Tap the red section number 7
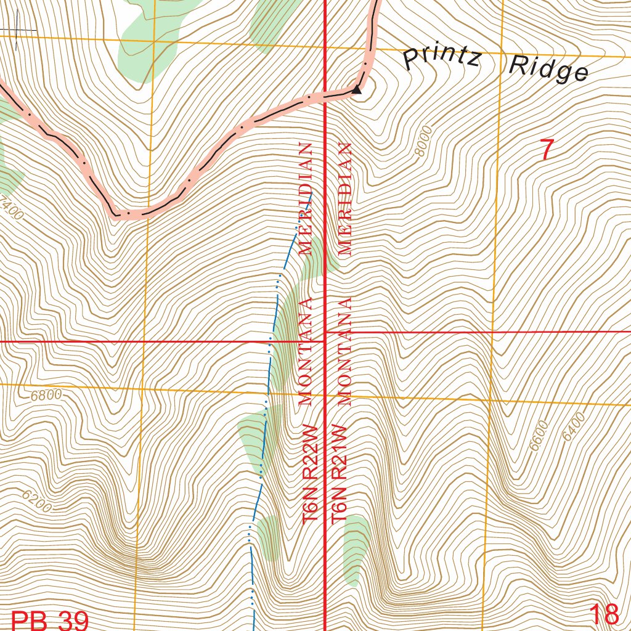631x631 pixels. pyautogui.click(x=547, y=150)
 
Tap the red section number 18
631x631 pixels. pyautogui.click(x=603, y=614)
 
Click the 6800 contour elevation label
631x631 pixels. pyautogui.click(x=46, y=394)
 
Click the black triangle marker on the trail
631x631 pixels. pyautogui.click(x=356, y=90)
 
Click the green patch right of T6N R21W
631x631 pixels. pyautogui.click(x=356, y=548)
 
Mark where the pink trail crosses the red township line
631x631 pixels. pyautogui.click(x=325, y=96)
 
